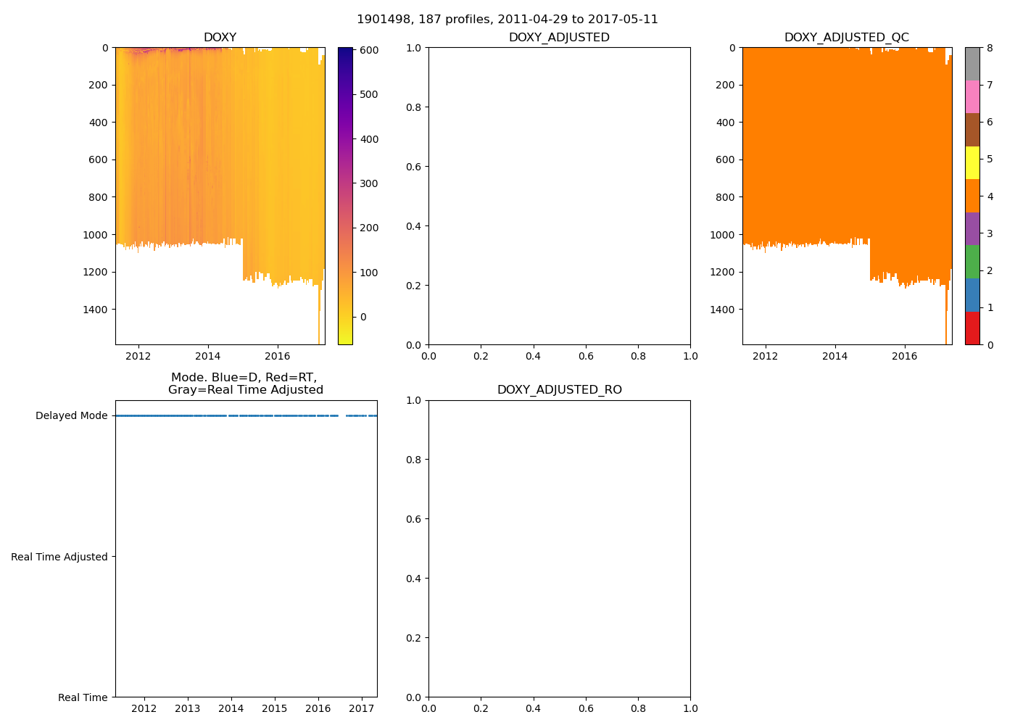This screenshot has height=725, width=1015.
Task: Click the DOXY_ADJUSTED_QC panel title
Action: [x=846, y=38]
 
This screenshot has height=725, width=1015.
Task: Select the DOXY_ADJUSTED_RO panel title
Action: [x=559, y=390]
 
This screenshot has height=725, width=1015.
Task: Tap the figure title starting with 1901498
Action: [x=507, y=20]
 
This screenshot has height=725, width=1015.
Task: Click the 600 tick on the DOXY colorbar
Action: [x=369, y=50]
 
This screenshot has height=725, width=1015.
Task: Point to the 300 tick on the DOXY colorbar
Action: [x=369, y=183]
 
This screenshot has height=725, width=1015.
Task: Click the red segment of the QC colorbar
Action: [x=972, y=328]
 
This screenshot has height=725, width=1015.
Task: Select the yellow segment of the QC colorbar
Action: [x=972, y=162]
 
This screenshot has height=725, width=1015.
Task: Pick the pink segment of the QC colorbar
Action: [x=972, y=96]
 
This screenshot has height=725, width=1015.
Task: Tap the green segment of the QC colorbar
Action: [x=972, y=262]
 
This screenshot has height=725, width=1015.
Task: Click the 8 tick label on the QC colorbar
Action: [x=990, y=49]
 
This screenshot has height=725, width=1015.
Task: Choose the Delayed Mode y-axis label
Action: [x=71, y=416]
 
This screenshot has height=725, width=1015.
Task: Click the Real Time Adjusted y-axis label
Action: [x=59, y=557]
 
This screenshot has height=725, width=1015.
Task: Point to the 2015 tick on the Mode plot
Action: [x=274, y=708]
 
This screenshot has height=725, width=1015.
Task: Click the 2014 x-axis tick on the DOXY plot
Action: [x=208, y=356]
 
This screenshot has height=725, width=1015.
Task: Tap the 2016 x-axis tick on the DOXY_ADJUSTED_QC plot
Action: [x=904, y=356]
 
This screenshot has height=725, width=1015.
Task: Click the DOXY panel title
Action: [x=220, y=38]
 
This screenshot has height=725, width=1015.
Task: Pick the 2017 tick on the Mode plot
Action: [x=361, y=708]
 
